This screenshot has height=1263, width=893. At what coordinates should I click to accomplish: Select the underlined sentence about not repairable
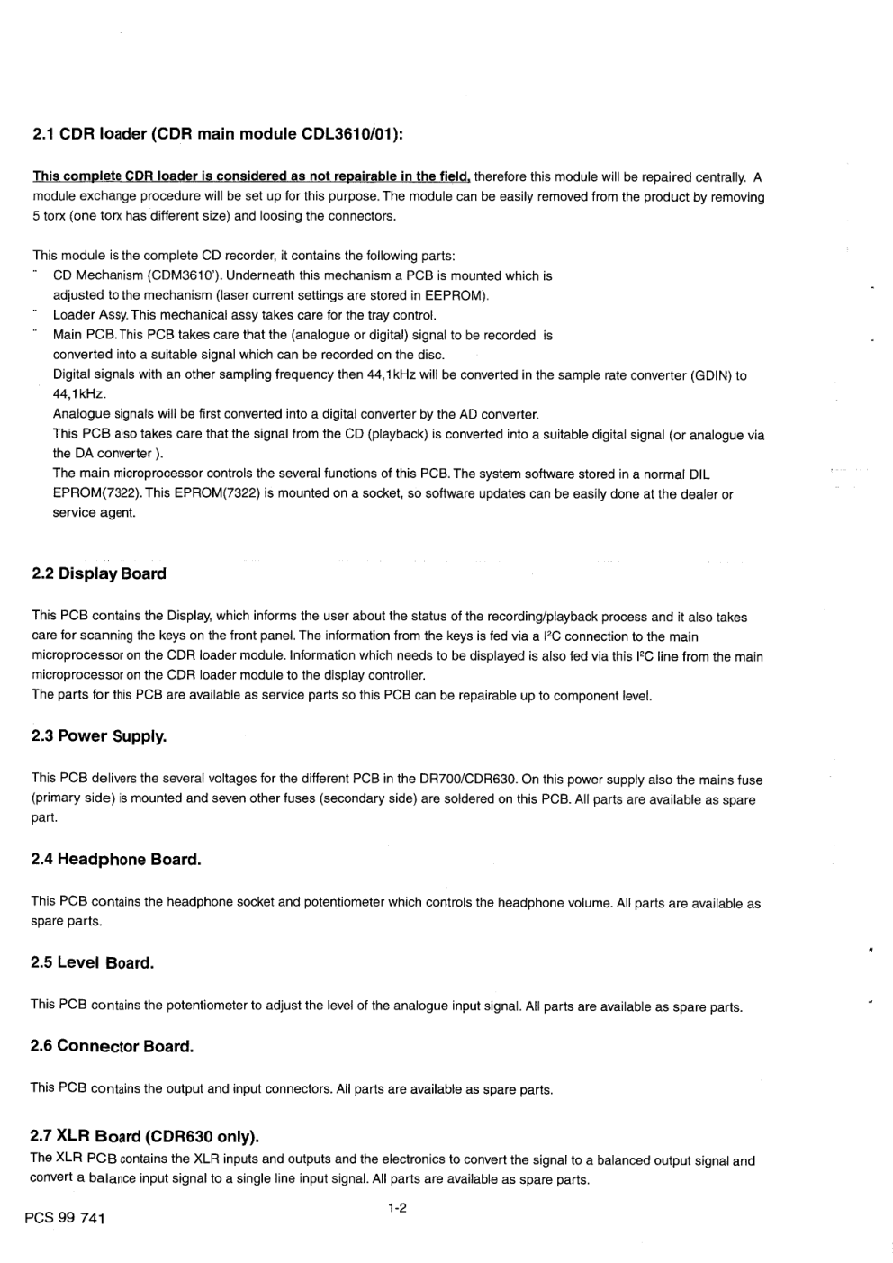[x=252, y=176]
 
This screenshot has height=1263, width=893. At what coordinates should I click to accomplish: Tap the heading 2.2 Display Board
[x=99, y=573]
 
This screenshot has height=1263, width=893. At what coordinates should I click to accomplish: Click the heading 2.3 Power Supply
[x=99, y=736]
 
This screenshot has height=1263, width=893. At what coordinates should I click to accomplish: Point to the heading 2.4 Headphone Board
[x=116, y=860]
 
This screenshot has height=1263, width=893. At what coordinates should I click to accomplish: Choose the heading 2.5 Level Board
[x=93, y=963]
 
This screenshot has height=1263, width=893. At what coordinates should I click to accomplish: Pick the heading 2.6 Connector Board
[x=113, y=1047]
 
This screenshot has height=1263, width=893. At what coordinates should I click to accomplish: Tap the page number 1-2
[x=397, y=1209]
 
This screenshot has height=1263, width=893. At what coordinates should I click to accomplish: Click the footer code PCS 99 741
[x=65, y=1219]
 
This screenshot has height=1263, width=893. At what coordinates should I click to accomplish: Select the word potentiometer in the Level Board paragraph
[x=211, y=1006]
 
